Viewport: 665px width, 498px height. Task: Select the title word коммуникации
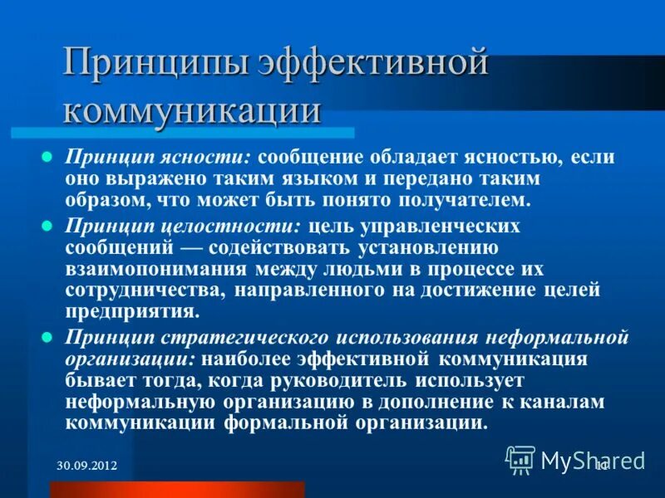coord(192,110)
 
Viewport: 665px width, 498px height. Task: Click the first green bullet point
coord(47,156)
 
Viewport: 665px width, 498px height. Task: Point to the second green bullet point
coord(47,225)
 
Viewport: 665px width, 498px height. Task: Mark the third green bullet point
coord(47,336)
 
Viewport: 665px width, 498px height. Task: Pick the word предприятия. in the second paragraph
coord(133,312)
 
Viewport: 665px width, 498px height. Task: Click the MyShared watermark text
coord(593,459)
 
